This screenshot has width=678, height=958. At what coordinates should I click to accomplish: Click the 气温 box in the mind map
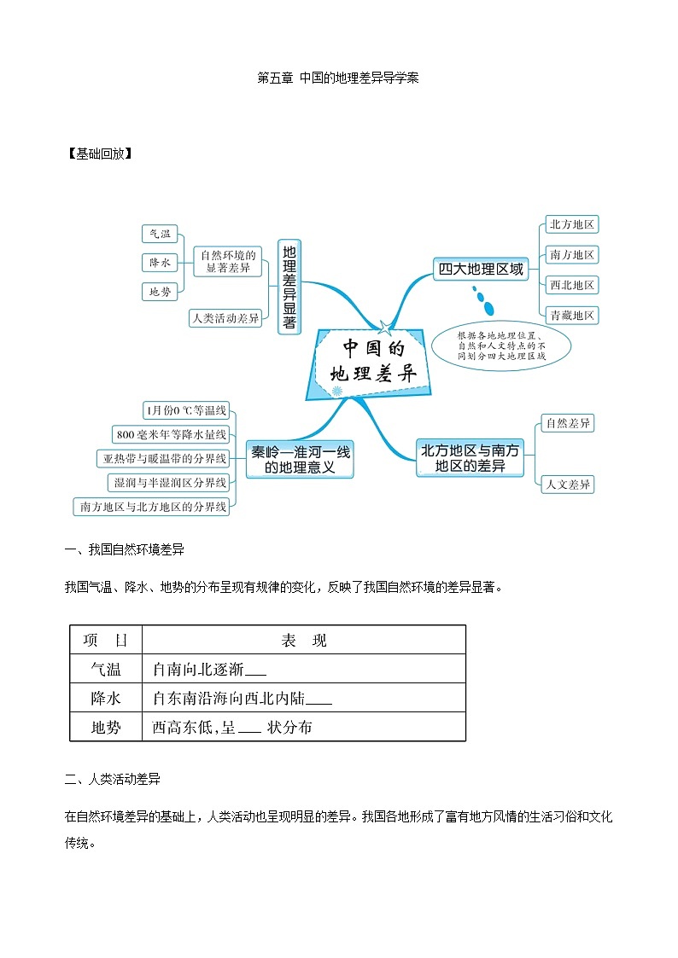click(160, 234)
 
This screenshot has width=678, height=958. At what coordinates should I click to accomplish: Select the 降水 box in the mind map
click(160, 263)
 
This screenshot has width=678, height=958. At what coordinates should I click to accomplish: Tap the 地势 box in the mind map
click(160, 292)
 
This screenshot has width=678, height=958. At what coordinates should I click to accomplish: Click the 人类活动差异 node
click(225, 318)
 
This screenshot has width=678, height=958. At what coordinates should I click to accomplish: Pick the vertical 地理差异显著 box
click(289, 286)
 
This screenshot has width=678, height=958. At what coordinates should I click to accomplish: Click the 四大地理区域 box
click(480, 269)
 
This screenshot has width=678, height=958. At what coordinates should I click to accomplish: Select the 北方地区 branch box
click(571, 224)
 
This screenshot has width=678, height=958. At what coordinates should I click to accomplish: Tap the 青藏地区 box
click(571, 315)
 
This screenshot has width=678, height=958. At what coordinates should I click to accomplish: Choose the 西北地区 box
click(571, 285)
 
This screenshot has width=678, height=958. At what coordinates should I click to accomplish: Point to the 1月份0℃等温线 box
click(187, 410)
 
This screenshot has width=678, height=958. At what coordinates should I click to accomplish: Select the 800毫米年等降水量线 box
click(171, 434)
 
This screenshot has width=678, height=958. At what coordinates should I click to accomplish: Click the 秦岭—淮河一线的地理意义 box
click(299, 459)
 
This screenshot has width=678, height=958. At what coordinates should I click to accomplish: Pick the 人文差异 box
click(568, 485)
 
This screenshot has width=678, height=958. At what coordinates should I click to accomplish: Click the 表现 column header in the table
click(303, 640)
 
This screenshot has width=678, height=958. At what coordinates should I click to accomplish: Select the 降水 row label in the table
click(106, 698)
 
